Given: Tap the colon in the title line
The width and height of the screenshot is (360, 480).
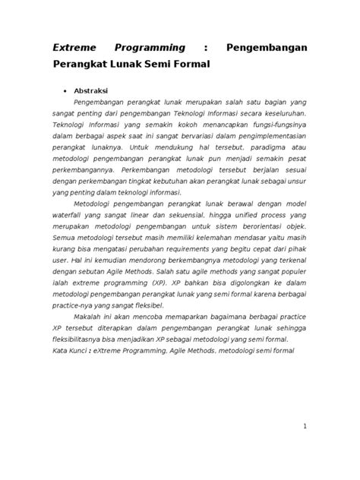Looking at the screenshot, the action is tap(206, 48).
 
